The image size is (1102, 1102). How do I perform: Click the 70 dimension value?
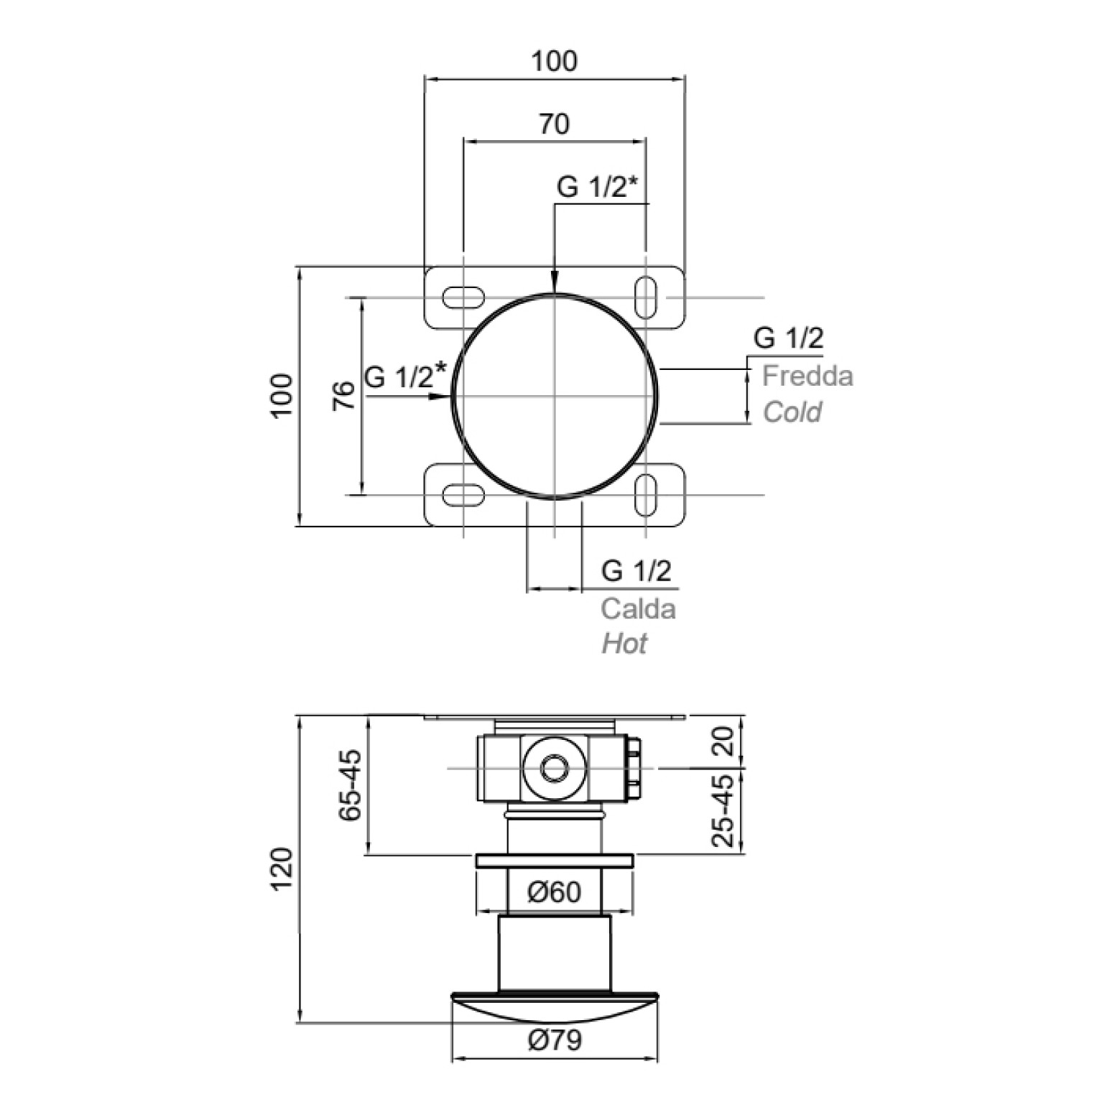554,124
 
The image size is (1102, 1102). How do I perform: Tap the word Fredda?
807,376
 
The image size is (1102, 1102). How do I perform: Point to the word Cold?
792,412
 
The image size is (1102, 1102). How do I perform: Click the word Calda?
638,608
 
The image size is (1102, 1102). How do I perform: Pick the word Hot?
624,644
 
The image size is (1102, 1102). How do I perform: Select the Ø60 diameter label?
554,892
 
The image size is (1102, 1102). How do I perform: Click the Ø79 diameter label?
555,1040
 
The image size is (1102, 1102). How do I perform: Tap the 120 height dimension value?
282,869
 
